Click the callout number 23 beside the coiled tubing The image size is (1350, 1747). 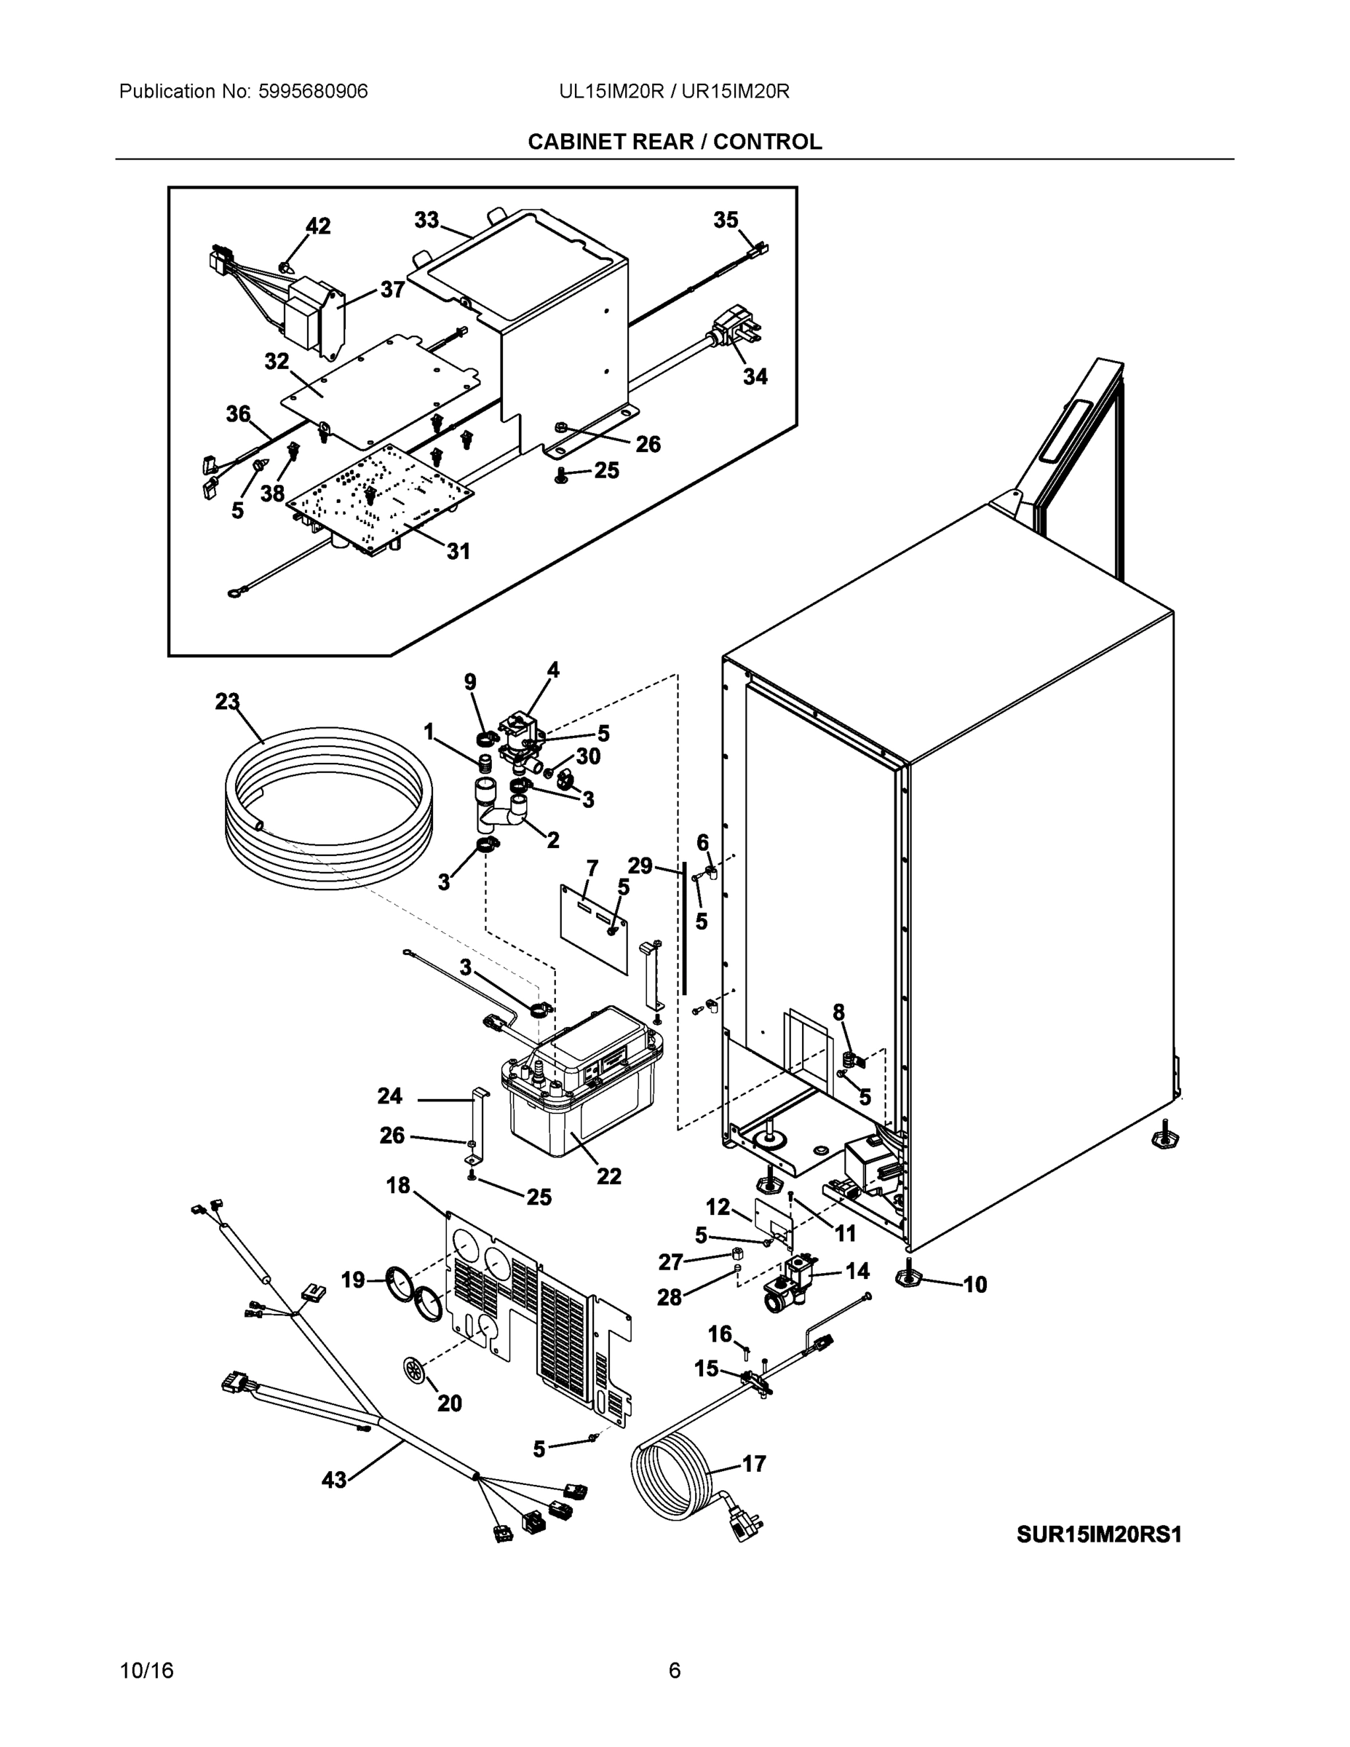click(227, 702)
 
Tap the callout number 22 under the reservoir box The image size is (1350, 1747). click(608, 1176)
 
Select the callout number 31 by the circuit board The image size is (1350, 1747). click(458, 551)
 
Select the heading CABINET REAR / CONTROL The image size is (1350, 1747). click(674, 142)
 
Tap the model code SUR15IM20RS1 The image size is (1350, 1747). click(1099, 1535)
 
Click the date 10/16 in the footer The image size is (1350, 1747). click(146, 1671)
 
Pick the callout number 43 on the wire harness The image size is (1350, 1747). click(334, 1480)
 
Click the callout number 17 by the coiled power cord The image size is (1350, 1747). click(753, 1464)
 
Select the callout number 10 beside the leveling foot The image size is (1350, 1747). click(975, 1285)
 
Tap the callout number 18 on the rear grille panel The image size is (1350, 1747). click(398, 1186)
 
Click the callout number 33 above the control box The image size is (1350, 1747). click(426, 220)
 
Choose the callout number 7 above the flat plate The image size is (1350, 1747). click(592, 868)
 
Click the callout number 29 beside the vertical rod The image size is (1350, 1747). click(640, 865)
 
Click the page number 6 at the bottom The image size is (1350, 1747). click(674, 1671)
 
